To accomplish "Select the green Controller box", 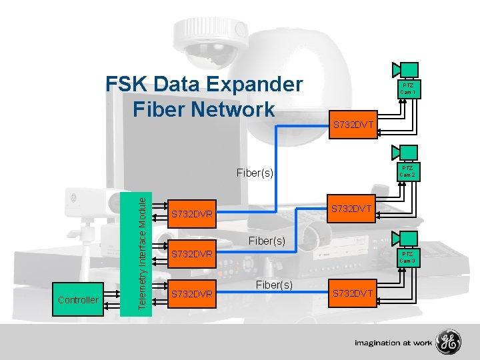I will coord(79,300).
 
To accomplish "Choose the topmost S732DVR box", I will coord(192,215).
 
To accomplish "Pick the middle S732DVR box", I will coord(192,254).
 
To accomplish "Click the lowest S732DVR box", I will coord(192,293).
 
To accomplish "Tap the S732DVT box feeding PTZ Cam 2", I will coord(353,210).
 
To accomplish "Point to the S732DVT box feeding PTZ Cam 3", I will coord(353,294).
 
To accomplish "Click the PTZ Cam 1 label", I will coord(409,89).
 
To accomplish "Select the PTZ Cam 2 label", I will coord(409,172).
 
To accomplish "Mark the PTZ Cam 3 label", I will coord(409,257).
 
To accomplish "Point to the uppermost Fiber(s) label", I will coord(255,173).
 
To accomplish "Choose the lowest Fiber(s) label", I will coord(274,285).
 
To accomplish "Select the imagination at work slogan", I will coord(393,343).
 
